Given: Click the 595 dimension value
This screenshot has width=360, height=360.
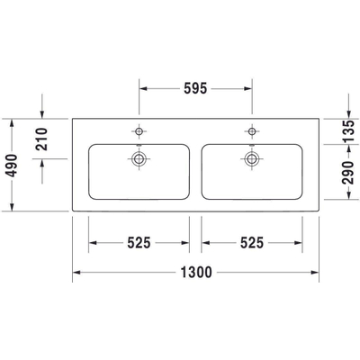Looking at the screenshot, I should (x=195, y=88).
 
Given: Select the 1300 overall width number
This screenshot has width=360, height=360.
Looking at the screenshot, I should (x=194, y=273).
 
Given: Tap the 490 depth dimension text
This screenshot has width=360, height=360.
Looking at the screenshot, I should (x=12, y=165).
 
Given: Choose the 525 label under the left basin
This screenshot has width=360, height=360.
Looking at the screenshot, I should (x=138, y=242).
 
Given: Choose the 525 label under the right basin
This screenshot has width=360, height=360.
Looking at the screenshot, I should (x=251, y=242).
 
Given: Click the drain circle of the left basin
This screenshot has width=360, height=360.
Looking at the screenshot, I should (x=139, y=160).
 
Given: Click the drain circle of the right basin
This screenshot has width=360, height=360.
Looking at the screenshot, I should (x=251, y=160).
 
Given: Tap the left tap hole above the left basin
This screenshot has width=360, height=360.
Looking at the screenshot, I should (x=139, y=130).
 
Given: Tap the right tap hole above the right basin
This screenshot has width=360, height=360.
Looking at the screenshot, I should (x=251, y=130).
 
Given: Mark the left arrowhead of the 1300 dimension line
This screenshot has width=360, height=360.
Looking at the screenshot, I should (x=76, y=273).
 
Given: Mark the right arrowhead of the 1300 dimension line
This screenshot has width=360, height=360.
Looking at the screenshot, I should (x=315, y=273).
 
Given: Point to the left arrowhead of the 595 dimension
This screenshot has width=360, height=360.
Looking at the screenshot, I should (x=142, y=88).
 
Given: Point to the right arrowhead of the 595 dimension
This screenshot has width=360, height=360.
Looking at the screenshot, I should (x=247, y=88).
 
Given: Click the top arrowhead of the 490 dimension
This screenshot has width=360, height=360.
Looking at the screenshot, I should (x=12, y=121).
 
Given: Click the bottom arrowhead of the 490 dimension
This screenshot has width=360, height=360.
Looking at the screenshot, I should (x=12, y=209).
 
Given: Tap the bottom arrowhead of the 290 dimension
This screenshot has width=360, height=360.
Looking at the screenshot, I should (x=348, y=209).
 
